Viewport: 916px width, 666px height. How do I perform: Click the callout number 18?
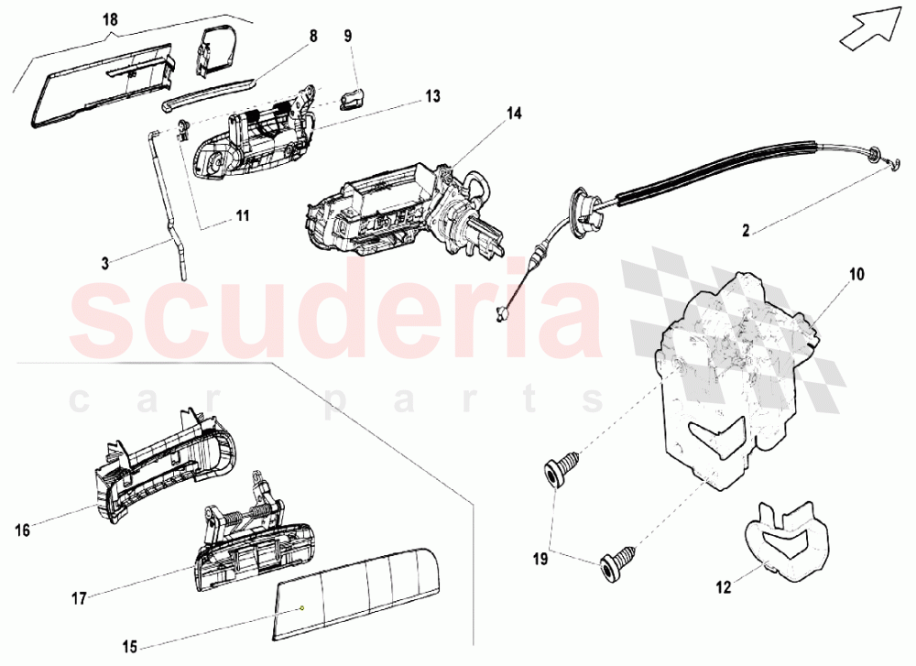pyautogui.click(x=110, y=20)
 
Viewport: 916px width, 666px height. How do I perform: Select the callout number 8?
pyautogui.click(x=313, y=37)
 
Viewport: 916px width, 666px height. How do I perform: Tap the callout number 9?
pyautogui.click(x=348, y=37)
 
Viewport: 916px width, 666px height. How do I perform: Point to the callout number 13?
pyautogui.click(x=432, y=96)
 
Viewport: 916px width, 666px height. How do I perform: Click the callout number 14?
pyautogui.click(x=514, y=114)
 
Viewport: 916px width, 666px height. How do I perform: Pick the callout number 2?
pyautogui.click(x=746, y=231)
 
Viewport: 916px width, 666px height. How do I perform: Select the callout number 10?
pyautogui.click(x=856, y=274)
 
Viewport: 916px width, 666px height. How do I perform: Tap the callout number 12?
pyautogui.click(x=724, y=587)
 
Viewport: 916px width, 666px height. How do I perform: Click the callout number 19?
pyautogui.click(x=540, y=559)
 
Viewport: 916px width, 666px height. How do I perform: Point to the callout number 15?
pyautogui.click(x=130, y=647)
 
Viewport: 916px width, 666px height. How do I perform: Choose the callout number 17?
pyautogui.click(x=79, y=598)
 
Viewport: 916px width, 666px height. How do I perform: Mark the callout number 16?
pyautogui.click(x=22, y=530)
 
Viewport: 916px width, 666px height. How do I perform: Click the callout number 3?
pyautogui.click(x=105, y=264)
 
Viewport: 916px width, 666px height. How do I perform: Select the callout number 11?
pyautogui.click(x=243, y=215)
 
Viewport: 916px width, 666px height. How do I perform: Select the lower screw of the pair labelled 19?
pyautogui.click(x=616, y=562)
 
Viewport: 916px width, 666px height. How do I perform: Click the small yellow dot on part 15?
pyautogui.click(x=302, y=607)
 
